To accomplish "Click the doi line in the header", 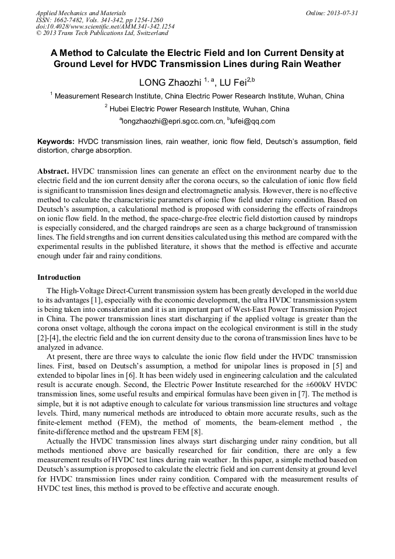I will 105,27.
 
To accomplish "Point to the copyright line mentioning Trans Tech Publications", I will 101,33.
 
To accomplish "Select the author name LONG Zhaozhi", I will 169,82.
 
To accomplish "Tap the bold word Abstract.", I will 53,171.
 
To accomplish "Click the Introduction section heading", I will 59,277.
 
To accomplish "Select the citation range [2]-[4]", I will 48,338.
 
